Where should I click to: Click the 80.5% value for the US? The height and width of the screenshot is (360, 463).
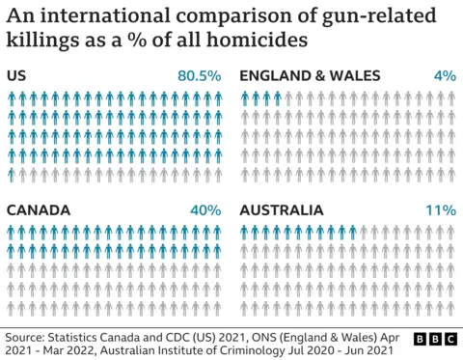point(200,75)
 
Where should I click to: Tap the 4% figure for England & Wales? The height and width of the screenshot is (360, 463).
point(444,75)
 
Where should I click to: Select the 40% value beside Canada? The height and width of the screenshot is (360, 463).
point(206,209)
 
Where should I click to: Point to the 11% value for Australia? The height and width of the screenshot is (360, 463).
point(441,209)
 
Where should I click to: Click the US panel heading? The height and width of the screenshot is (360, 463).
point(16,75)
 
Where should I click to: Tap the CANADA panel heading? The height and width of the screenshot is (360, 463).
point(37,209)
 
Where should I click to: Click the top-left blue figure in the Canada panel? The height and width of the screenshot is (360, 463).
point(12,232)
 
